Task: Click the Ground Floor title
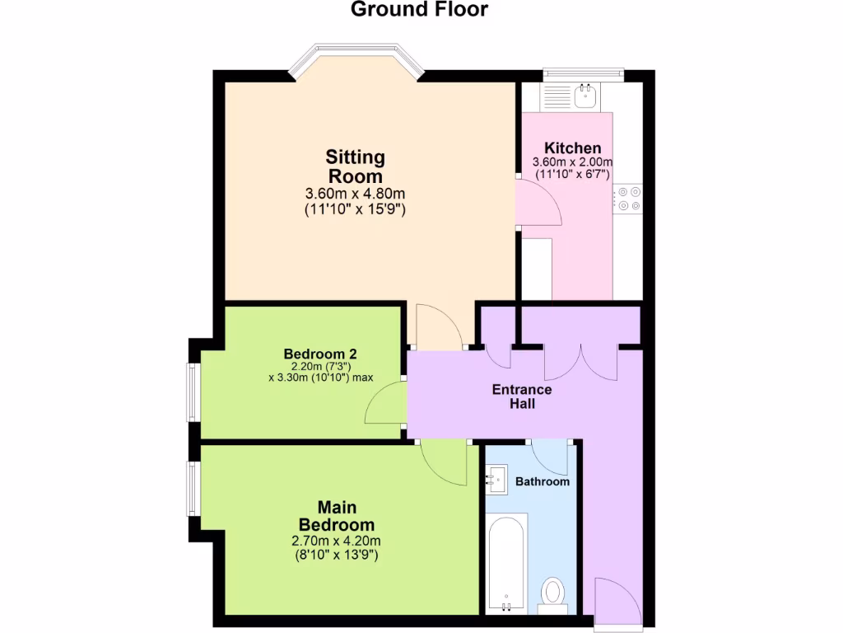pos(420,10)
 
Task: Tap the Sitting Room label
pos(355,166)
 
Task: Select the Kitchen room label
pos(572,148)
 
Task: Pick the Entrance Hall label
pos(522,396)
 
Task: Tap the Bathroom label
pos(542,481)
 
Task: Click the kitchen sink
pos(586,96)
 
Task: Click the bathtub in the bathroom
pos(505,562)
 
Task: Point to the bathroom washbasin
pos(497,477)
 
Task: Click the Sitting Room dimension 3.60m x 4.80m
pos(355,194)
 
